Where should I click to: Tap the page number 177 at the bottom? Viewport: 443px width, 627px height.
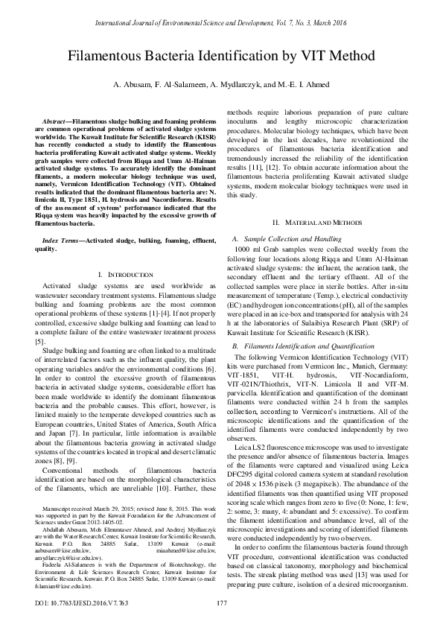click(x=221, y=602)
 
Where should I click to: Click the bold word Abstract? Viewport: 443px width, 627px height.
click(x=59, y=120)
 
